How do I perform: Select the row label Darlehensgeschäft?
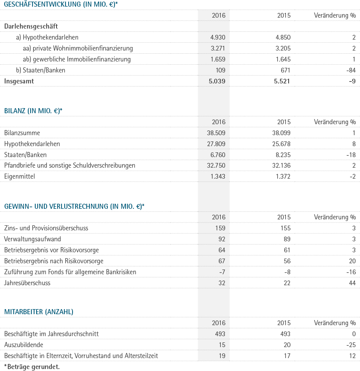click(31, 26)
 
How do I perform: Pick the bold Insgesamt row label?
click(19, 81)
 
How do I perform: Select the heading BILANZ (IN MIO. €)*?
click(33, 111)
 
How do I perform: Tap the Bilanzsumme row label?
click(22, 133)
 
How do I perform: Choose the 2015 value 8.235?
click(283, 155)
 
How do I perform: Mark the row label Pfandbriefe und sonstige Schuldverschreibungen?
click(69, 166)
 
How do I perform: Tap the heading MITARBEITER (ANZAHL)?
click(39, 312)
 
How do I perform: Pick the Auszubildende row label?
click(24, 345)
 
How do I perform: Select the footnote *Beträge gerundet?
click(32, 367)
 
